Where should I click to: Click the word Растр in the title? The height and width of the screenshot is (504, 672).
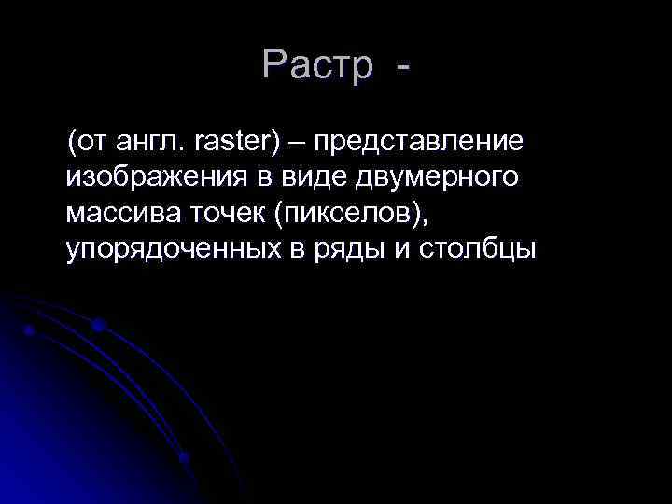pyautogui.click(x=316, y=64)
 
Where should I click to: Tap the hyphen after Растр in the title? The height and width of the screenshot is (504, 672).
pyautogui.click(x=402, y=67)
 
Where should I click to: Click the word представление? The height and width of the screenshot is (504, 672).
pyautogui.click(x=418, y=143)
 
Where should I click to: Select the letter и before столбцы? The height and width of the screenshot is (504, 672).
pyautogui.click(x=388, y=250)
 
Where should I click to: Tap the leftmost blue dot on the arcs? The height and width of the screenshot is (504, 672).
pyautogui.click(x=30, y=330)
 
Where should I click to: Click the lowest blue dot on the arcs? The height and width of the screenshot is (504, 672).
pyautogui.click(x=185, y=457)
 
